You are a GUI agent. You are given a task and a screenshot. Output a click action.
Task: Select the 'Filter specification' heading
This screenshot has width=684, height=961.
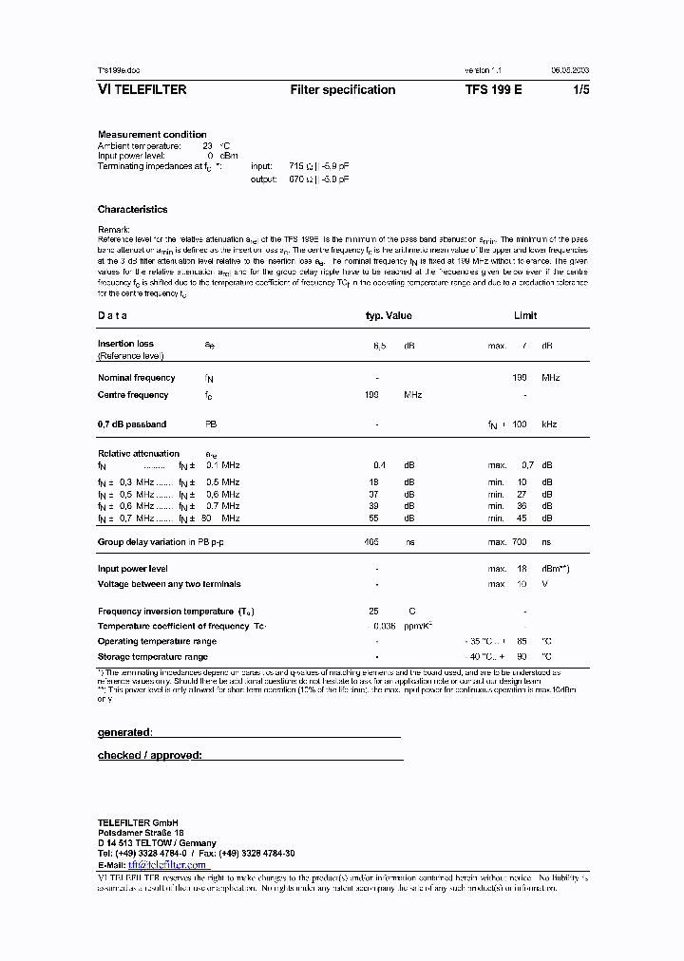[x=342, y=90]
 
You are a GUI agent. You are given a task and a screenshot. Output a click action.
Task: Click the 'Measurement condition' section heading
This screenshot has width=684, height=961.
[x=152, y=135]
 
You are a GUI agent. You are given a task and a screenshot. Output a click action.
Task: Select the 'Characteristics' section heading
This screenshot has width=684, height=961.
[x=132, y=210]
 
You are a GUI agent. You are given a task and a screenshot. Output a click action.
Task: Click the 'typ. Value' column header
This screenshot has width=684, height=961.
[x=389, y=316]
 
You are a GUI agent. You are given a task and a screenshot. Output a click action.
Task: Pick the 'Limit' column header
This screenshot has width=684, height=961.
[x=525, y=316]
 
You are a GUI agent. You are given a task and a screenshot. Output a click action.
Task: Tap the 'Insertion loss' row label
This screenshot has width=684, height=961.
[x=125, y=344]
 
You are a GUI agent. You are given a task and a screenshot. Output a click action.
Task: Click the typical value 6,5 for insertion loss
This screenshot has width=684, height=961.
[x=378, y=347]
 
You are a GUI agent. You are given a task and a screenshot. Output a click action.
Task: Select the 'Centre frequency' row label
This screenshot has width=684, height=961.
[x=133, y=395]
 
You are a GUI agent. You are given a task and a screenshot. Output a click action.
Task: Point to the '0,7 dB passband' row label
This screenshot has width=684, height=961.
[x=132, y=424]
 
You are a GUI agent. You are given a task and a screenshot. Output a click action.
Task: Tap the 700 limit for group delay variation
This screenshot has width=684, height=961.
[x=519, y=542]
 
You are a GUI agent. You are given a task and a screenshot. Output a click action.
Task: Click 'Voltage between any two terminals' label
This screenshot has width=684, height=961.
[x=169, y=584]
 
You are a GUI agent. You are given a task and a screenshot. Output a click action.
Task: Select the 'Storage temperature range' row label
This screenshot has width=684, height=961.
[x=153, y=657]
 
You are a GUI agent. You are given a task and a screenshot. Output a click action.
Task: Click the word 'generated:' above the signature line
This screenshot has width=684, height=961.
[x=124, y=733]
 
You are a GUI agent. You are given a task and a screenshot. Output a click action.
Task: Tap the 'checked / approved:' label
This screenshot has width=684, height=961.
[x=150, y=756]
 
